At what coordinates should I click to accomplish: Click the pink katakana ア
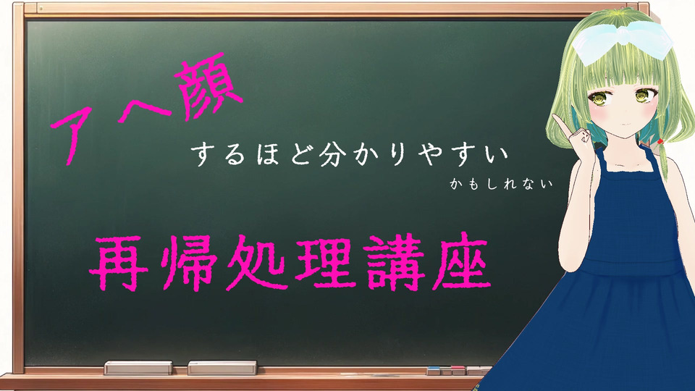coord(71,133)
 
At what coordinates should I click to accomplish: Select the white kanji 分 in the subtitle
coord(332,154)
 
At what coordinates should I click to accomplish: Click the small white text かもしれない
coord(501,183)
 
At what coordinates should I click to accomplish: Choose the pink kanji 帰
coord(188,262)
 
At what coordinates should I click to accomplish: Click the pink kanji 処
coord(256,264)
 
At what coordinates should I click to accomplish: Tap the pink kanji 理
coord(325,262)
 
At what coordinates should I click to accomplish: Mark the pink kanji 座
coord(461,261)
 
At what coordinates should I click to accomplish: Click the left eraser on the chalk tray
coord(138,368)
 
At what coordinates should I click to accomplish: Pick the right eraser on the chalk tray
coord(222,368)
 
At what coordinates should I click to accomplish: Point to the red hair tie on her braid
coord(660,141)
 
